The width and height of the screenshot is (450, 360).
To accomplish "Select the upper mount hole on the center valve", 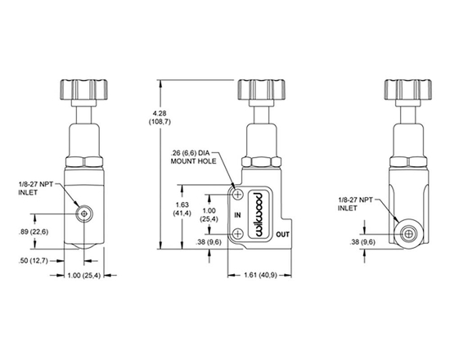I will (x=238, y=194).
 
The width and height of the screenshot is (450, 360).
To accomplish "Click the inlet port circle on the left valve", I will (x=83, y=214).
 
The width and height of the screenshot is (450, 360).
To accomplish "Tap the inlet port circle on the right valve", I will (x=405, y=233).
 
